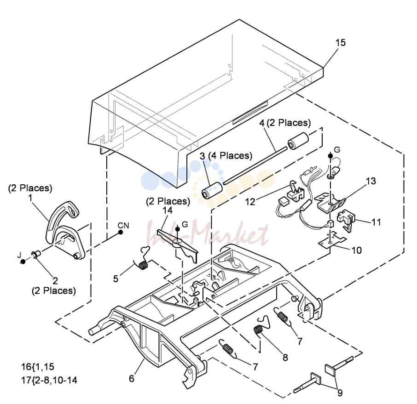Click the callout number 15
[x=341, y=42]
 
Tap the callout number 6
[x=132, y=379]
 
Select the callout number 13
[x=371, y=181]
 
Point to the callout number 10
[x=357, y=250]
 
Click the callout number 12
[x=250, y=202]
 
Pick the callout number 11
[x=376, y=222]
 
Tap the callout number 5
[x=116, y=279]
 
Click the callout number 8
[x=285, y=358]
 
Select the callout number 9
[x=340, y=393]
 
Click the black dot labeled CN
[x=121, y=233]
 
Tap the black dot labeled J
[x=23, y=262]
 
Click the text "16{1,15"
[x=37, y=367]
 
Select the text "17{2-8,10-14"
[x=49, y=380]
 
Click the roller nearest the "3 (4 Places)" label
[x=212, y=190]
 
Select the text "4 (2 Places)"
[x=285, y=123]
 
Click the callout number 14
[x=168, y=211]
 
